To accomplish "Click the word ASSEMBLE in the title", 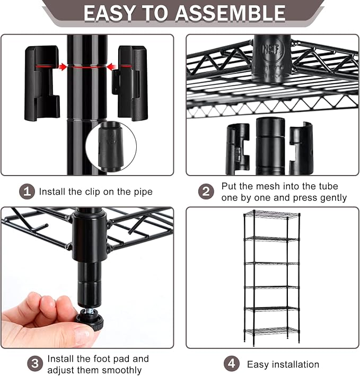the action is coord(230,13).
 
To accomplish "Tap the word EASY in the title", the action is coord(110,13).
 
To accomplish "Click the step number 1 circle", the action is coord(27,191).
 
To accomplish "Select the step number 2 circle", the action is coord(206,191).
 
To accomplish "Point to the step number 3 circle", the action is coord(35,363).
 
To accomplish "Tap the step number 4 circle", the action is coord(232,363).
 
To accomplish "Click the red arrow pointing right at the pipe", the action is coord(63,67).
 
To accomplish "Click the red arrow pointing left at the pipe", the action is coord(111,67).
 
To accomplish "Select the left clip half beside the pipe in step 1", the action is coord(42,83).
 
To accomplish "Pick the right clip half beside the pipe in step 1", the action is coord(130,83).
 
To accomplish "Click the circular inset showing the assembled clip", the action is coord(111,147).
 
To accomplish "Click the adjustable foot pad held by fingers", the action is coord(90,320).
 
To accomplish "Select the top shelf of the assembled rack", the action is coord(271,215).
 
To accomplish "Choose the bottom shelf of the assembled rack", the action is coord(271,331).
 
